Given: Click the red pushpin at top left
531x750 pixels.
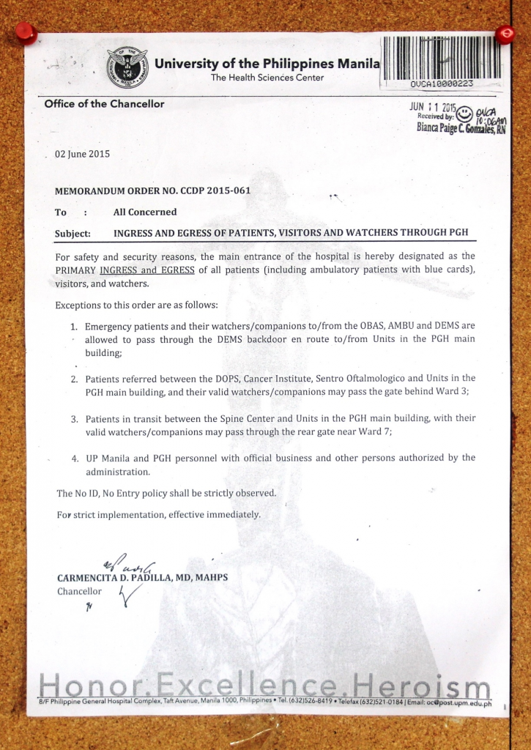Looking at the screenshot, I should (26, 31).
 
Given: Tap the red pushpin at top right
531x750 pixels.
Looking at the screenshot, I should (505, 34).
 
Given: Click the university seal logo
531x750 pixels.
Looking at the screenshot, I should (127, 67).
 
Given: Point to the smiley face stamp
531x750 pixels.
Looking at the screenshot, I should (464, 114).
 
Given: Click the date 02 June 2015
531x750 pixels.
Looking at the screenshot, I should (82, 154).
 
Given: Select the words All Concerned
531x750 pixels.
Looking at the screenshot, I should (145, 212).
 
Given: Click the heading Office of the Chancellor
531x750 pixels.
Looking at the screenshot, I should (104, 103).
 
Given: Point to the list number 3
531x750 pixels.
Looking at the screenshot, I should (75, 419).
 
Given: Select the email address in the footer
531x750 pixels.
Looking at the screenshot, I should (460, 703).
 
